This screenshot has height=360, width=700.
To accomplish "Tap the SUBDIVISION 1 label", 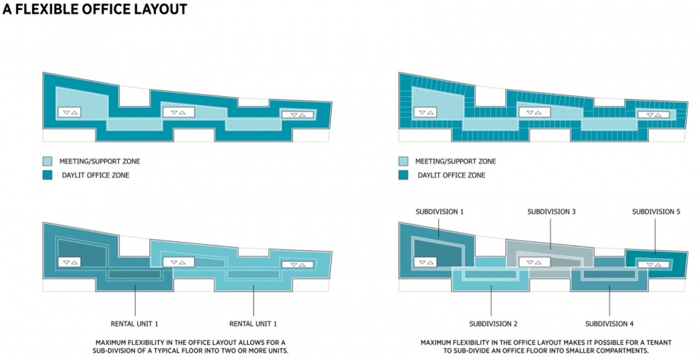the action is pyautogui.click(x=439, y=211).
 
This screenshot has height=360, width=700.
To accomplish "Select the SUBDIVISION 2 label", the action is pyautogui.click(x=493, y=324).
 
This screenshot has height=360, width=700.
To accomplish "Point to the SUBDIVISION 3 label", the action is pyautogui.click(x=551, y=211).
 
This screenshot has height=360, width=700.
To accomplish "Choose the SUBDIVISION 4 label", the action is pyautogui.click(x=610, y=324).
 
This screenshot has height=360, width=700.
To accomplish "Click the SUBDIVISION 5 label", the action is pyautogui.click(x=656, y=211).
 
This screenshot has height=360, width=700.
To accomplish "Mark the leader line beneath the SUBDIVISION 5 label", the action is pyautogui.click(x=656, y=236).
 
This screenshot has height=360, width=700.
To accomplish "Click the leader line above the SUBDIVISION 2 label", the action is pyautogui.click(x=491, y=301).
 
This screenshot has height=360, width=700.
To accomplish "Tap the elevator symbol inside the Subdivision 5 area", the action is pyautogui.click(x=653, y=265).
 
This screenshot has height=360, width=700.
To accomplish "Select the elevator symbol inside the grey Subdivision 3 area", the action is pyautogui.click(x=534, y=262).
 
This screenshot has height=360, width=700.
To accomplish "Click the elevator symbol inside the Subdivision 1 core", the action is pyautogui.click(x=425, y=262).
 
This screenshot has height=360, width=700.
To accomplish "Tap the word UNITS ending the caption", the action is pyautogui.click(x=278, y=351).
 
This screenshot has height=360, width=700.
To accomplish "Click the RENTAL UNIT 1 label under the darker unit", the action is pyautogui.click(x=134, y=324).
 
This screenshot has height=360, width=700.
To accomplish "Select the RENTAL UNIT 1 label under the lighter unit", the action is pyautogui.click(x=253, y=324).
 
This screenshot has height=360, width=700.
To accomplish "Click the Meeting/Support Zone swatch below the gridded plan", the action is pyautogui.click(x=403, y=161).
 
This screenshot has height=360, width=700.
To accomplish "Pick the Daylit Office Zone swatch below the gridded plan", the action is pyautogui.click(x=403, y=175).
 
